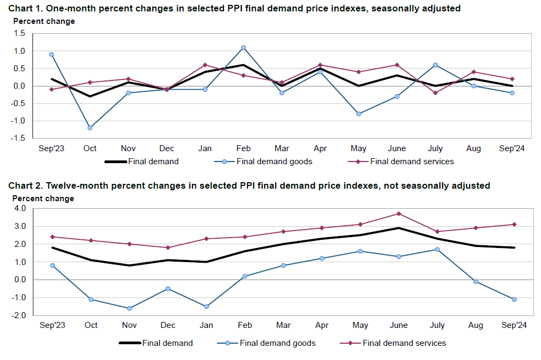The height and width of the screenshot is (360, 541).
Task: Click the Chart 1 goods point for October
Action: click(x=90, y=128)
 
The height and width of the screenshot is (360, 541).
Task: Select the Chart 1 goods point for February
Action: click(x=243, y=47)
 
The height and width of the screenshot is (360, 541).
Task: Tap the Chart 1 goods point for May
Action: click(x=358, y=114)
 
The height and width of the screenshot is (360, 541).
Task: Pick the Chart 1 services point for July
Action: click(x=435, y=93)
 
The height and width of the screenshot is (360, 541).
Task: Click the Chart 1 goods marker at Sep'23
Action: click(x=51, y=54)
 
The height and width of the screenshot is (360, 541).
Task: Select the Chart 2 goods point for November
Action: click(x=129, y=308)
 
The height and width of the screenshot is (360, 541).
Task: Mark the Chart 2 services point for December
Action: click(x=168, y=247)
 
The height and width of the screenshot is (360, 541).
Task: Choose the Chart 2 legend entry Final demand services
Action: click(x=404, y=343)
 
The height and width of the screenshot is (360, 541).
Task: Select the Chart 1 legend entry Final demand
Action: click(x=153, y=162)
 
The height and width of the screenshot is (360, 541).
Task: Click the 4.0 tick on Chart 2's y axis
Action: click(x=20, y=208)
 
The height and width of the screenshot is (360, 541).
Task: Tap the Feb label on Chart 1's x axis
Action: click(x=243, y=148)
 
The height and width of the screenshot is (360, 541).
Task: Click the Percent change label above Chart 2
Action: click(x=43, y=198)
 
